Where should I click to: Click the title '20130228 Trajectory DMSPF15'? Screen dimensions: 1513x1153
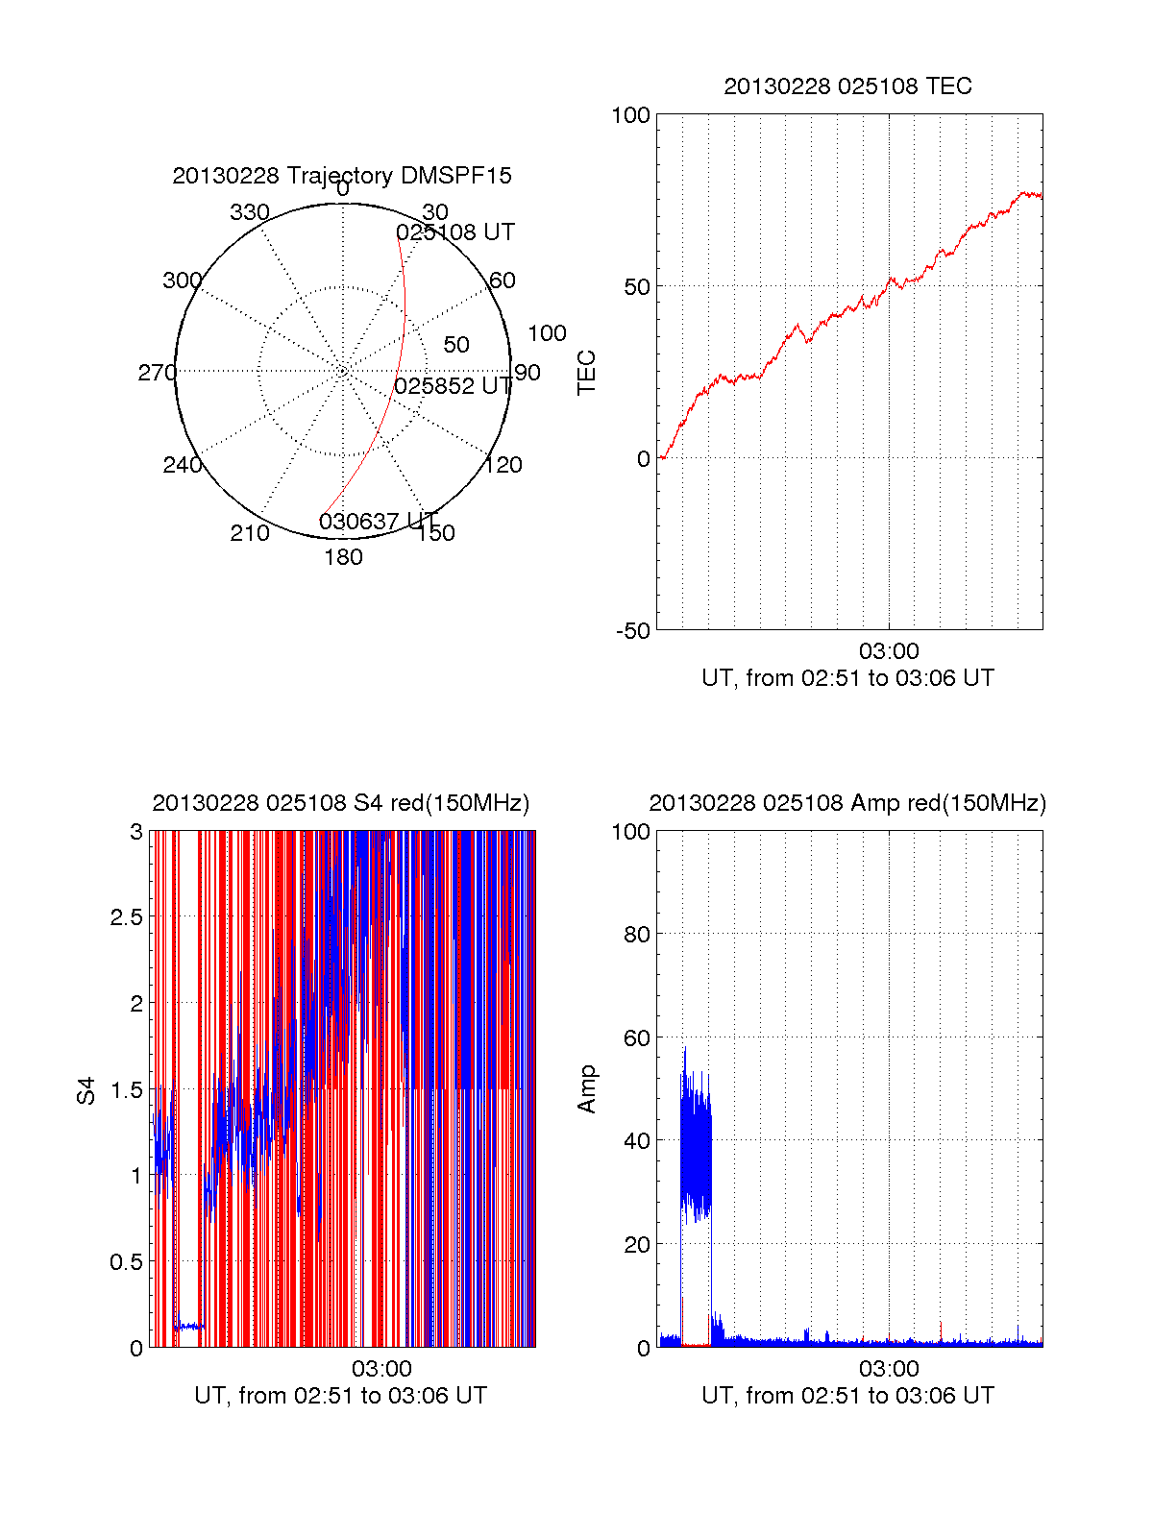[x=342, y=176]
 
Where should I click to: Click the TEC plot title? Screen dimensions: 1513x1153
[x=847, y=86]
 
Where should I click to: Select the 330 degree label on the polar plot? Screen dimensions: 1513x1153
[x=250, y=212]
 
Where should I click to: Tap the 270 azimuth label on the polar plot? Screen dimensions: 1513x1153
[x=157, y=373]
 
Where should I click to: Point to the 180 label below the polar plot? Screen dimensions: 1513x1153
[x=343, y=557]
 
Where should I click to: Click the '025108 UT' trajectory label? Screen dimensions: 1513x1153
[x=455, y=232]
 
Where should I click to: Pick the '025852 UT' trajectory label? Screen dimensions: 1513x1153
[x=454, y=386]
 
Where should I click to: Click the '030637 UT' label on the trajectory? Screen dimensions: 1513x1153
[x=378, y=522]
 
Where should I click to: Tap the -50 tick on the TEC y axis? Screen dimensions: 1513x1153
[x=633, y=631]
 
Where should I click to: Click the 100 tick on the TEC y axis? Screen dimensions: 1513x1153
[x=631, y=115]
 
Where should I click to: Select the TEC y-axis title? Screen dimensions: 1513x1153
[x=586, y=373]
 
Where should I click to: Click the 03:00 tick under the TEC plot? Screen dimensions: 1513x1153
[x=889, y=652]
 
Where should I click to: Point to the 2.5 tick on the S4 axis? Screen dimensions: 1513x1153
[x=127, y=917]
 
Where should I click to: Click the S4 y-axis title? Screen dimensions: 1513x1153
[x=86, y=1090]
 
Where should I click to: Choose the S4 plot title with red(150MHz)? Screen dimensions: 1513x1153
[x=341, y=803]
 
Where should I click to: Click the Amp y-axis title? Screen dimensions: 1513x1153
[x=586, y=1089]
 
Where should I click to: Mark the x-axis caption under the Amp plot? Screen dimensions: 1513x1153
[x=847, y=1396]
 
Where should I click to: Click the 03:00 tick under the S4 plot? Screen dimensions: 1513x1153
[x=381, y=1369]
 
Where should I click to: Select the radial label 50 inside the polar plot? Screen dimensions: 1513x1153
[x=456, y=345]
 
